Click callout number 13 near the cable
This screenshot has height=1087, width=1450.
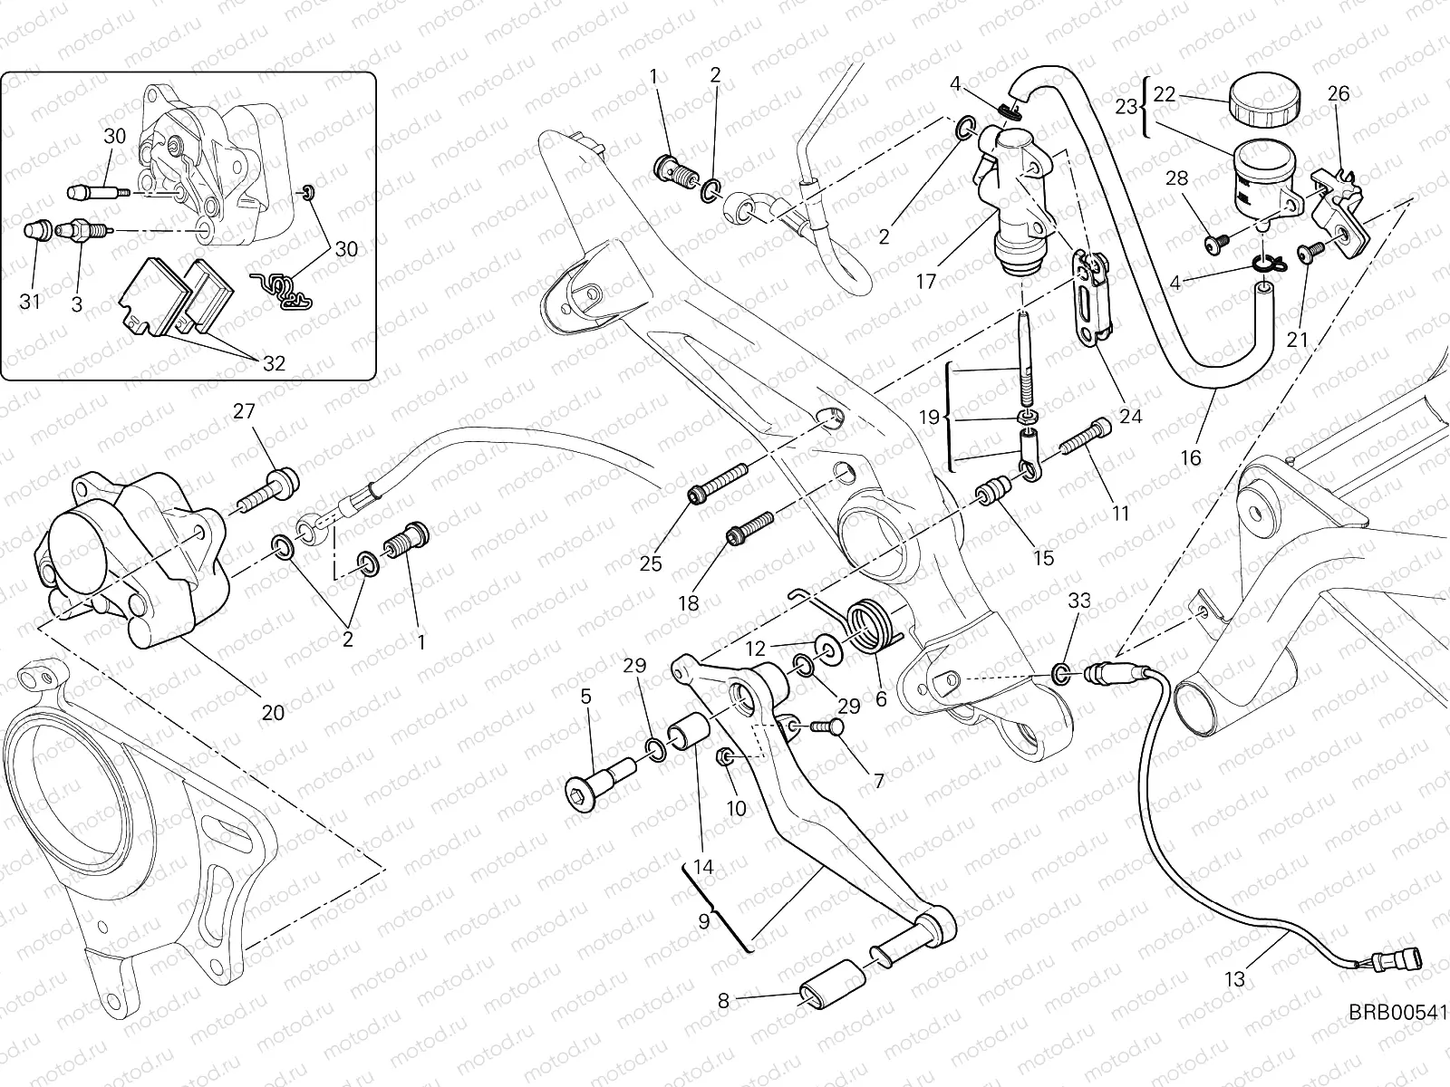(1236, 978)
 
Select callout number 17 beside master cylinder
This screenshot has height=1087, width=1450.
(925, 282)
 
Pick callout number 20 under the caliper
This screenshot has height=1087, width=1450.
(273, 712)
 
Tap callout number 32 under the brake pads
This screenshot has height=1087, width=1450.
(274, 363)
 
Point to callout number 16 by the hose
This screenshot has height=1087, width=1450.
(1191, 457)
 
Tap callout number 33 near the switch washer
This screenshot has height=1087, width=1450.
(1078, 601)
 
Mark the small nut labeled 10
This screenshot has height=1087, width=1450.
(725, 756)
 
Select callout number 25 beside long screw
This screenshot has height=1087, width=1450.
(651, 563)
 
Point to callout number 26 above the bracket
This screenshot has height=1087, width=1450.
(1339, 93)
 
